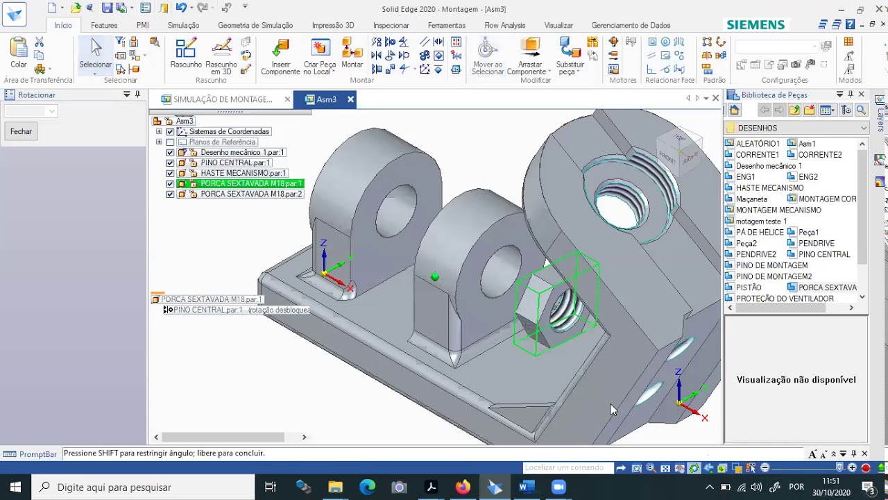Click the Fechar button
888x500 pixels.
[21, 131]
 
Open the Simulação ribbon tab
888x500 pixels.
[183, 25]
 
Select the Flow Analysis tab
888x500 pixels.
[504, 25]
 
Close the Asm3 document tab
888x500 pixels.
[350, 99]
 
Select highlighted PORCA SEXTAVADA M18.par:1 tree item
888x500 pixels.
[250, 183]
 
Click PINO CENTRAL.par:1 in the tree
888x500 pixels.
[234, 162]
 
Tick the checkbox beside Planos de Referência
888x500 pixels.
[170, 142]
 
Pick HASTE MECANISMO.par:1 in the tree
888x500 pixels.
[243, 173]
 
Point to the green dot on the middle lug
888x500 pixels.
[435, 277]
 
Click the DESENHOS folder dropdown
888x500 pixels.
[863, 128]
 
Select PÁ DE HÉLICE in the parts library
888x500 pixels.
[759, 232]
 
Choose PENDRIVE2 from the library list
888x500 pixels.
[755, 254]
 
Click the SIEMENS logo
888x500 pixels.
[755, 24]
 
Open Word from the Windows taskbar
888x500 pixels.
[525, 487]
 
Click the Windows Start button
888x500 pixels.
[15, 487]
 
